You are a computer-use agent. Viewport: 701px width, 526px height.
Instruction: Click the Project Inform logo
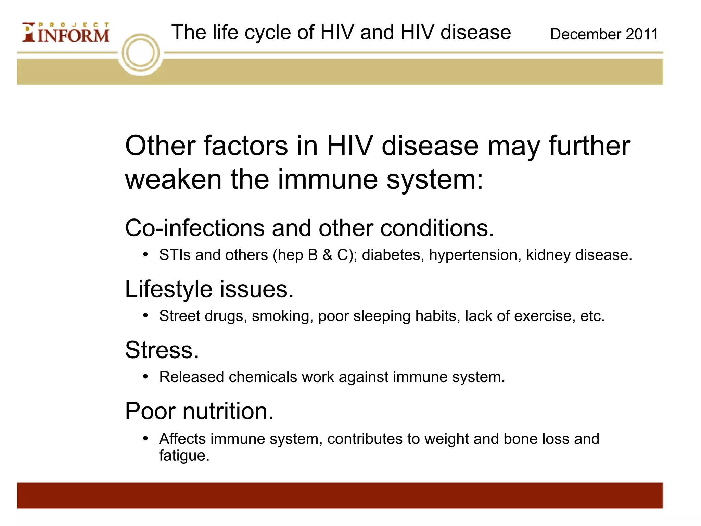pos(66,33)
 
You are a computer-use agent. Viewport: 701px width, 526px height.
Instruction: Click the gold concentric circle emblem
pos(141,53)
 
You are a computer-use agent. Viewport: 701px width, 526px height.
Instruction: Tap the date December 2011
pos(604,34)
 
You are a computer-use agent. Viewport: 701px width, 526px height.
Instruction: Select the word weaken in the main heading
pos(173,180)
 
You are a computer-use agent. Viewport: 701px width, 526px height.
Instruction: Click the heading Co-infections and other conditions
pos(309,228)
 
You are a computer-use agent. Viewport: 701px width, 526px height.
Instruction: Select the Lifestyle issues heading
pos(209,289)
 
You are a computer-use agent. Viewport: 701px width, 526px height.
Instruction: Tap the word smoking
pos(282,316)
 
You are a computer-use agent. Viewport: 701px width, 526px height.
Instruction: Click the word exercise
pos(544,316)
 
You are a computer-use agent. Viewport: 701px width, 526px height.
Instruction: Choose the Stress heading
pos(162,350)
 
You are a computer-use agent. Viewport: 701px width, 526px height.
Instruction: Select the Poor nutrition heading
pos(199,411)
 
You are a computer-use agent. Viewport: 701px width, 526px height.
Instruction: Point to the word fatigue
pos(183,456)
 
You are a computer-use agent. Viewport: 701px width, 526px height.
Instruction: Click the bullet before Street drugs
pos(145,316)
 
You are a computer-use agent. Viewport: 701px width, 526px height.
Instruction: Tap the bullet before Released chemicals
pos(145,377)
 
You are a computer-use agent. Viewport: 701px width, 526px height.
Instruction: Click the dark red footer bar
pos(340,495)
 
